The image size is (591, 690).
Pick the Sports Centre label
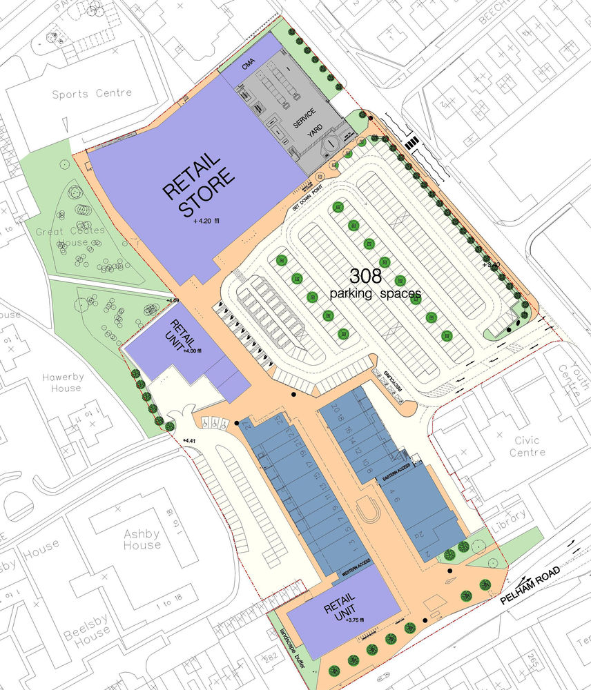click(x=92, y=93)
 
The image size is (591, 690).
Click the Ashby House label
click(x=142, y=539)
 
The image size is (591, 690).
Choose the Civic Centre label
click(x=530, y=446)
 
